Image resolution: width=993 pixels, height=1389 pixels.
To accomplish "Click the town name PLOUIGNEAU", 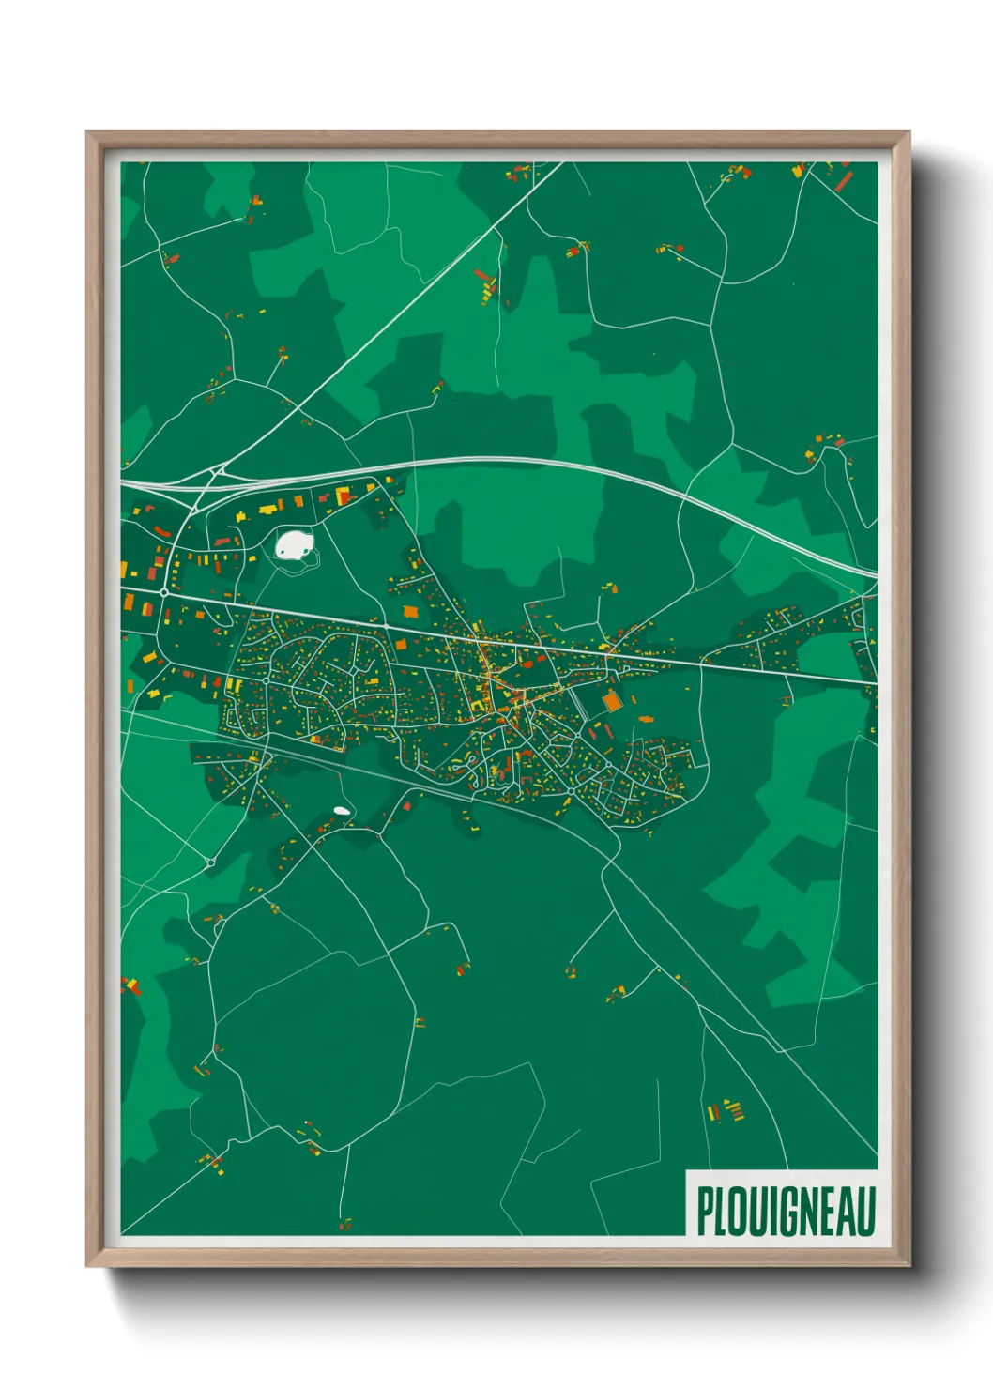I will pos(786,1211).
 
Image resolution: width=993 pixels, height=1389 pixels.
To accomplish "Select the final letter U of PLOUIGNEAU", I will pos(865,1211).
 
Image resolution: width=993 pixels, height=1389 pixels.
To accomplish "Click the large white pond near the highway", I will pos(295,544).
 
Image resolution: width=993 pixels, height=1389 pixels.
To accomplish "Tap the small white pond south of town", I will pos(343,811).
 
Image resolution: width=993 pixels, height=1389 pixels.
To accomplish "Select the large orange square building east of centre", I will pos(612,700).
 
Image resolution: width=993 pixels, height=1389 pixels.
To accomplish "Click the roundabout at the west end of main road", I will pos(164,592).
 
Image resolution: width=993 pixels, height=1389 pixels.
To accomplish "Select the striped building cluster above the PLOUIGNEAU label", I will pos(726,1111).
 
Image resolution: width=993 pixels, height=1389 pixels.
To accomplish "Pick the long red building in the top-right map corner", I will pos(844,180).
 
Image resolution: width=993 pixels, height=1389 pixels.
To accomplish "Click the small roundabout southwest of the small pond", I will pos(211,862).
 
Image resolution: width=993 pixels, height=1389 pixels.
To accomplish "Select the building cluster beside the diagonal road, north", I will pos(485,285).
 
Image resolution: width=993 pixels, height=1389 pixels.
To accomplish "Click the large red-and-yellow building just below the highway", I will pos(344,495).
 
